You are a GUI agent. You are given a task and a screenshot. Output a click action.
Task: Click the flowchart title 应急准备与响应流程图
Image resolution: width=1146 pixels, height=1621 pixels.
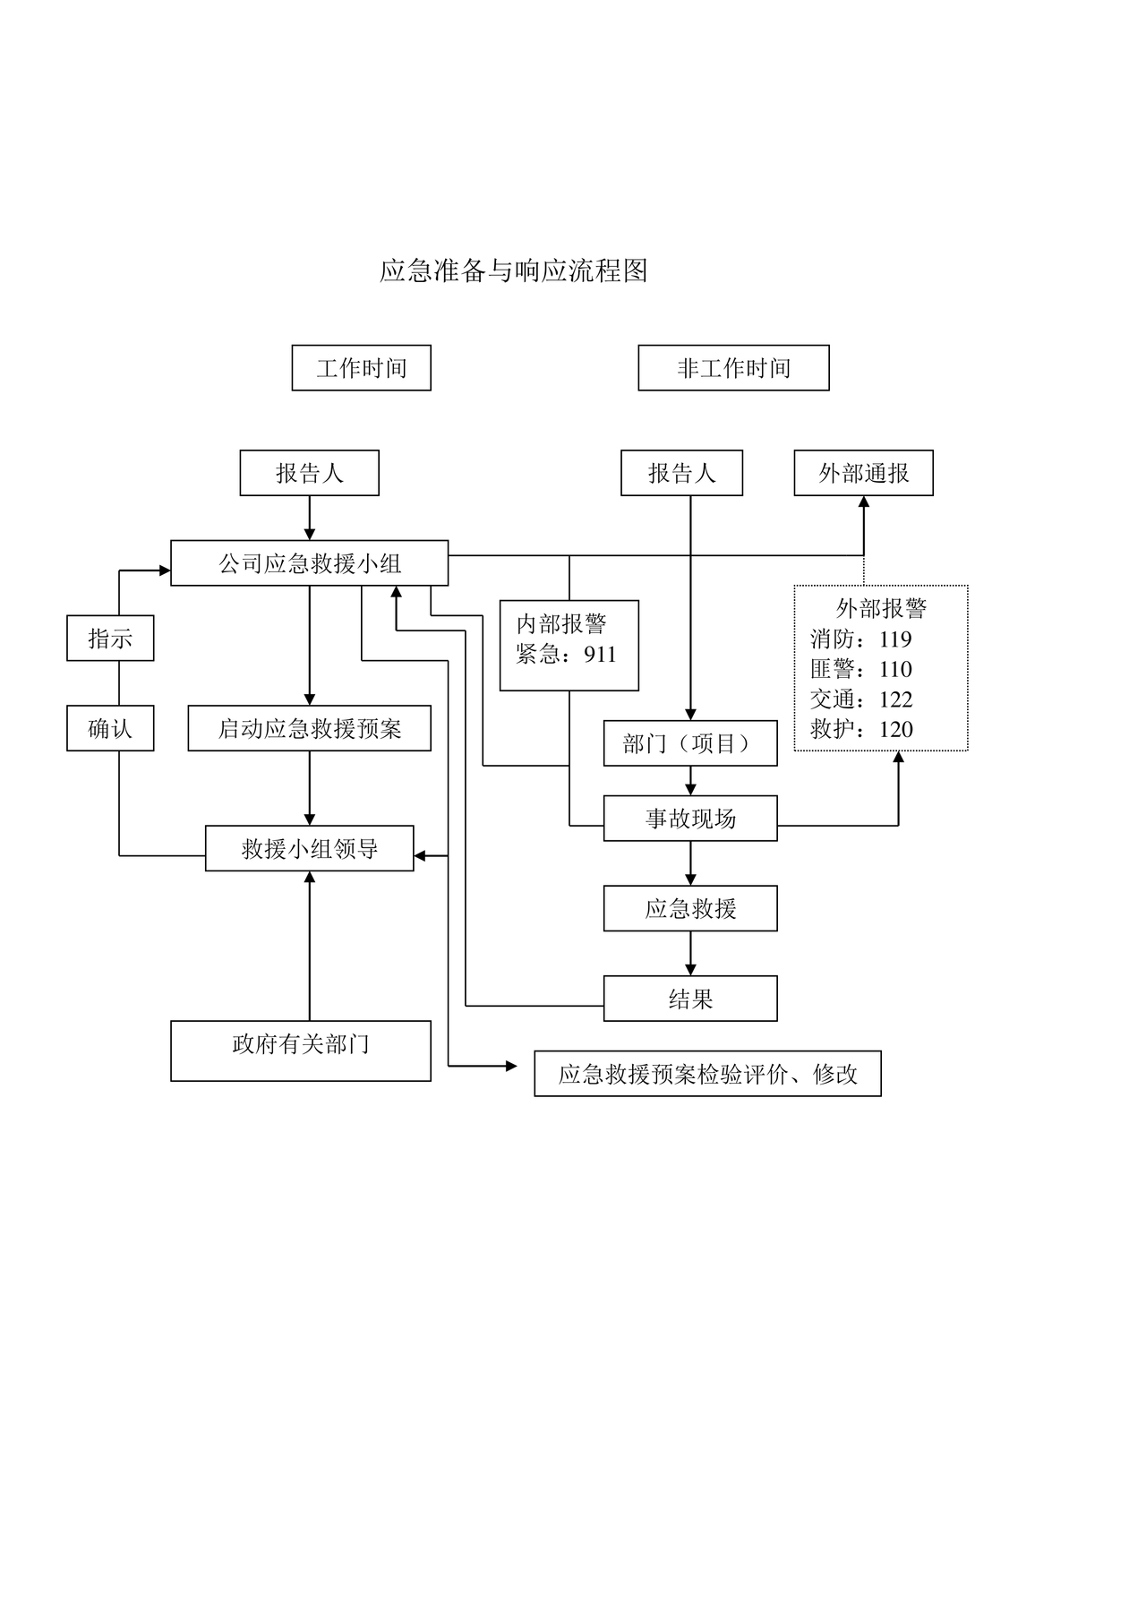tap(513, 270)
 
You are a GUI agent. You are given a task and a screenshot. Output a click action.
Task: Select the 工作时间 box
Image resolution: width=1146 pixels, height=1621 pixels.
tap(361, 368)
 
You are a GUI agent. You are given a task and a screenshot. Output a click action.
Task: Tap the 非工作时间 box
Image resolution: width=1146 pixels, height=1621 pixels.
tap(733, 368)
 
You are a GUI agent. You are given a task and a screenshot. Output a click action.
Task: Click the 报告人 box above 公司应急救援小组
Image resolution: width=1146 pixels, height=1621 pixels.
tap(309, 473)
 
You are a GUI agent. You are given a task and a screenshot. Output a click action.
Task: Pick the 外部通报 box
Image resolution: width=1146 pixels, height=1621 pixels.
tap(863, 473)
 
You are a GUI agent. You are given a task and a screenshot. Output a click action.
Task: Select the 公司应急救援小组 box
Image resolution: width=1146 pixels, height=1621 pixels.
tap(309, 563)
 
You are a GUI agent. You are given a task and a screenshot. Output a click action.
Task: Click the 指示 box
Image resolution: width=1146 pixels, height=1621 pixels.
tap(110, 639)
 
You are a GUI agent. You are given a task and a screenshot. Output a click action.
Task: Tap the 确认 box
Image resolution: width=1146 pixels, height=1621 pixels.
tap(110, 728)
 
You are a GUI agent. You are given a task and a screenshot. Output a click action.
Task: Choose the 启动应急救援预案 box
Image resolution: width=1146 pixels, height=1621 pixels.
tap(309, 728)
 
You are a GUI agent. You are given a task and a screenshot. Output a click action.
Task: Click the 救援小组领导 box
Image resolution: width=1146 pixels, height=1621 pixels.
tap(309, 848)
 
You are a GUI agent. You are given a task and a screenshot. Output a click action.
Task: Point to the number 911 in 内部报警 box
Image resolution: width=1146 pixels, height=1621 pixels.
tap(600, 655)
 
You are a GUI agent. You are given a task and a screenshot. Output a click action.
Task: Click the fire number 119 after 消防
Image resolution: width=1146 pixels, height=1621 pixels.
tap(895, 639)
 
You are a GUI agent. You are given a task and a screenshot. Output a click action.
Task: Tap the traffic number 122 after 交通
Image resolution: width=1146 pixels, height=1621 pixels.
tap(895, 699)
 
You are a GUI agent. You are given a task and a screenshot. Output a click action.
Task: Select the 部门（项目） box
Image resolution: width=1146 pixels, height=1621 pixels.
tap(689, 743)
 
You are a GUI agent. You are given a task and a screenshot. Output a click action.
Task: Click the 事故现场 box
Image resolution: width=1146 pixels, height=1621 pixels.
tap(689, 819)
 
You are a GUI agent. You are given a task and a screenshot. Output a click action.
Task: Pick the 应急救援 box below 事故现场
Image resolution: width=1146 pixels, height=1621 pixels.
tap(689, 908)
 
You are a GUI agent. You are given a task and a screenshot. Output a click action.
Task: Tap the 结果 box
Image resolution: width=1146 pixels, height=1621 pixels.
tap(689, 999)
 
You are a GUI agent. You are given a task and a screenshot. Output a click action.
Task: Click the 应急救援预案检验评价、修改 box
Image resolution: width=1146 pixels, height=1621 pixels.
tap(707, 1074)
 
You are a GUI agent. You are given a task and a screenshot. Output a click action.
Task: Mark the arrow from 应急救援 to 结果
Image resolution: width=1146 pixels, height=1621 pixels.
tap(690, 954)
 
